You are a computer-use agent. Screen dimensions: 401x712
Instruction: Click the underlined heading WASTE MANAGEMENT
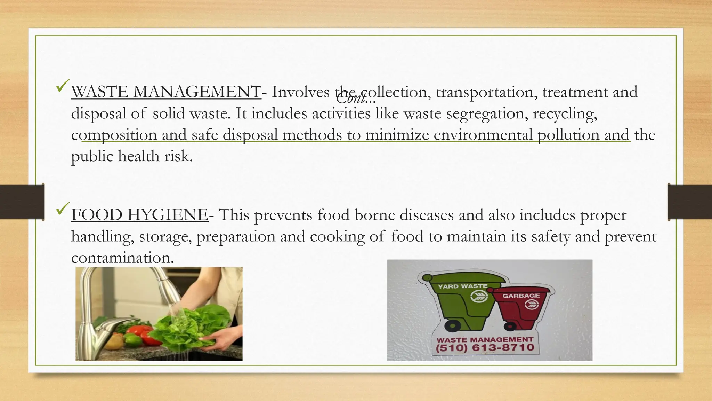point(166,92)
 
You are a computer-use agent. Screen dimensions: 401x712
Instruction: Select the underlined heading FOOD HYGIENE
point(140,215)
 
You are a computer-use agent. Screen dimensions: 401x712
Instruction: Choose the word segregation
point(485,114)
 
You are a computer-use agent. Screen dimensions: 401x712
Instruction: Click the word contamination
point(122,258)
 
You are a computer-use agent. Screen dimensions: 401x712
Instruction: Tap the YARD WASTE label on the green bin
point(462,286)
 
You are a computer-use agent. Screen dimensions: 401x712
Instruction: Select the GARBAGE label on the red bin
point(521,296)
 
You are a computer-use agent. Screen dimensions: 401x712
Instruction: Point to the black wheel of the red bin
point(510,326)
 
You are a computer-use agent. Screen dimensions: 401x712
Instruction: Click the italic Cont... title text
point(356,100)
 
